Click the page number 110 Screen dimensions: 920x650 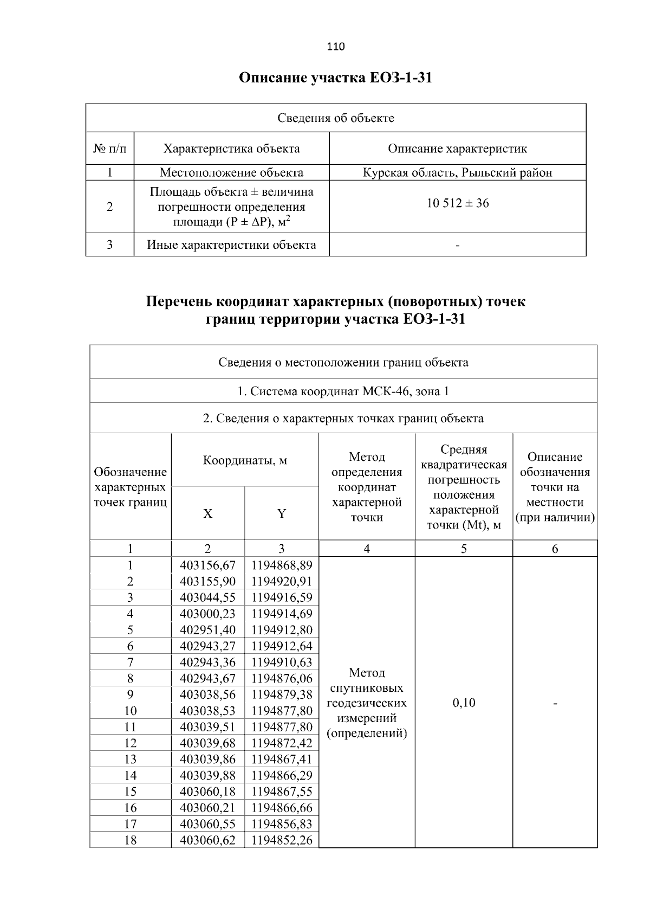[335, 47]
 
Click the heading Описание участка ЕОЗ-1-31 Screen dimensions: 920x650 [335, 78]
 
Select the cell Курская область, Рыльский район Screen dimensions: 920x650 [457, 173]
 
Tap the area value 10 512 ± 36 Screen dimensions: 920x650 [457, 203]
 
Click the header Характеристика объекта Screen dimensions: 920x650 [231, 149]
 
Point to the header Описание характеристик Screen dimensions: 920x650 [457, 149]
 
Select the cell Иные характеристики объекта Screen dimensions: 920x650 [231, 245]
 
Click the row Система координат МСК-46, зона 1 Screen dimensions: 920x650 [343, 391]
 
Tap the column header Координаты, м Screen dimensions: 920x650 [245, 461]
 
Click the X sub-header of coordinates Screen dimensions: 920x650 [207, 514]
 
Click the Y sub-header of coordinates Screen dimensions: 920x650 [281, 514]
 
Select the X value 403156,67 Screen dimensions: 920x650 [207, 565]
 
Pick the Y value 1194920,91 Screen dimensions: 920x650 [282, 582]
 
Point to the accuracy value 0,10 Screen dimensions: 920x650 [464, 703]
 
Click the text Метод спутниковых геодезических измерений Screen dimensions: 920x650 [367, 703]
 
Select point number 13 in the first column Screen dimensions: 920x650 [130, 759]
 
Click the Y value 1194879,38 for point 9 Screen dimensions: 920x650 [282, 694]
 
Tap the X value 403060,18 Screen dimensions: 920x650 [207, 792]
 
